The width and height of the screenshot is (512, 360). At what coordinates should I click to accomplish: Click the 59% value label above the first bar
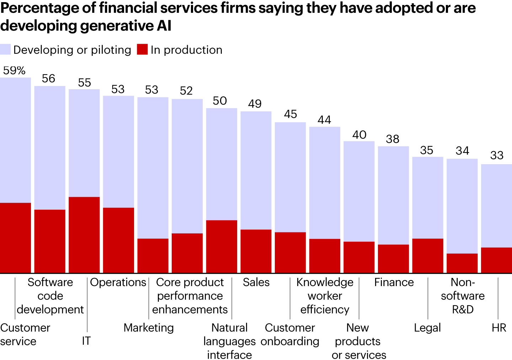(x=14, y=70)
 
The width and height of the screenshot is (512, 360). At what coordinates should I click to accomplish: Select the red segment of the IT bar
(x=84, y=235)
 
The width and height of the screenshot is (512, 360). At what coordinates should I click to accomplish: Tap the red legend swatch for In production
(x=142, y=49)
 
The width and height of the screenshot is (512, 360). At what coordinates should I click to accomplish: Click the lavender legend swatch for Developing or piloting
(x=5, y=49)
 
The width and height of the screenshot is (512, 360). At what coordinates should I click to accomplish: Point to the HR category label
(x=499, y=328)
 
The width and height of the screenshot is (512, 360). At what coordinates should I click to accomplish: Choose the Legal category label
(x=427, y=328)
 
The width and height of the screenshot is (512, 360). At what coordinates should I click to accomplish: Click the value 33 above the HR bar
(x=497, y=155)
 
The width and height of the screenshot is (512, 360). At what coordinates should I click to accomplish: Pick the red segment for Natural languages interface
(x=222, y=246)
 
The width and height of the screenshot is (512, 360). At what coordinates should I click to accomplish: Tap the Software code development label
(x=50, y=296)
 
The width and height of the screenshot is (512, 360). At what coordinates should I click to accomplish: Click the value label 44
(x=324, y=120)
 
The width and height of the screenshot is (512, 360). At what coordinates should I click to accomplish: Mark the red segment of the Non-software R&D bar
(x=462, y=263)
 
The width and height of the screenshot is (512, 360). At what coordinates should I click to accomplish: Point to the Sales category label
(x=256, y=282)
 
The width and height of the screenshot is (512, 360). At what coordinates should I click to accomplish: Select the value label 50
(x=220, y=101)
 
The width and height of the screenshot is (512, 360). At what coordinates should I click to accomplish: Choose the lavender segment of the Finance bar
(x=393, y=195)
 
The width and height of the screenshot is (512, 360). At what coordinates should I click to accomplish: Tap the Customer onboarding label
(x=290, y=334)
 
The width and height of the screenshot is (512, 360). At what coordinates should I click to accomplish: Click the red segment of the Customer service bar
(x=15, y=238)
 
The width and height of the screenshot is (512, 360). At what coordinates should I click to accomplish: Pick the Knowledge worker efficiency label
(x=325, y=296)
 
